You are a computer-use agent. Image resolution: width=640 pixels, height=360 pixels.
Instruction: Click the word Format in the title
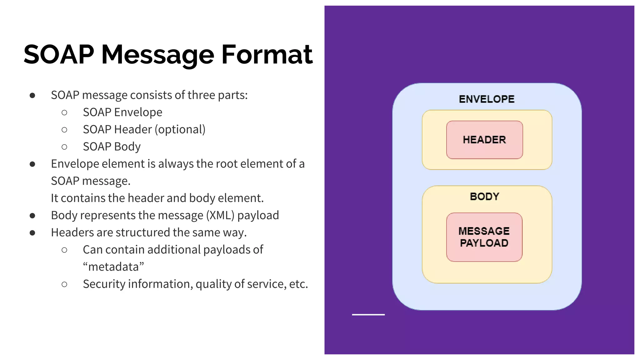267,55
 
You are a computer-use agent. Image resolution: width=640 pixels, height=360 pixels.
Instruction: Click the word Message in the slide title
157,55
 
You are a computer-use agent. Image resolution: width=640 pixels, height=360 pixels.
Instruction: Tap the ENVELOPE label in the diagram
487,99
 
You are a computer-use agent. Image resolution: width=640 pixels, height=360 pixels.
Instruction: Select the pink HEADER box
484,140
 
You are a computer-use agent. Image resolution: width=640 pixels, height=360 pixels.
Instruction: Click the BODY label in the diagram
484,197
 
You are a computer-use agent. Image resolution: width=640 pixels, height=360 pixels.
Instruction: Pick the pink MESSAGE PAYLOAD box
484,237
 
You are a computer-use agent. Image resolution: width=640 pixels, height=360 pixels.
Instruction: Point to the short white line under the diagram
368,315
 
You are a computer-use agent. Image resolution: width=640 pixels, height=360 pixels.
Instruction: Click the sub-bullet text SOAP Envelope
122,112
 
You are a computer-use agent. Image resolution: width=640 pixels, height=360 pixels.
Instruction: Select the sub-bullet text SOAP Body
112,147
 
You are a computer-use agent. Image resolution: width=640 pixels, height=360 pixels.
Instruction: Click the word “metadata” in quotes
113,267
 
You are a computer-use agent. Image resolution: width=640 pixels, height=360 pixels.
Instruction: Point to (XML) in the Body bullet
220,215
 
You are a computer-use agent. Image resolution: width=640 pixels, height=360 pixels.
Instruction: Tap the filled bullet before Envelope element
32,164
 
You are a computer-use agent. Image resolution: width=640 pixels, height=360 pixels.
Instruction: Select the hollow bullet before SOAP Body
64,147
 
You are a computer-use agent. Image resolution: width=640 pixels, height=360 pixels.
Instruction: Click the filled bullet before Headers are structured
32,233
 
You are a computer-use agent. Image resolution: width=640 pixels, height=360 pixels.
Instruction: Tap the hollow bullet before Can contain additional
64,250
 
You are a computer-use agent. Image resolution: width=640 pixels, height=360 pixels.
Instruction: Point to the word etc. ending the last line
298,284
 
